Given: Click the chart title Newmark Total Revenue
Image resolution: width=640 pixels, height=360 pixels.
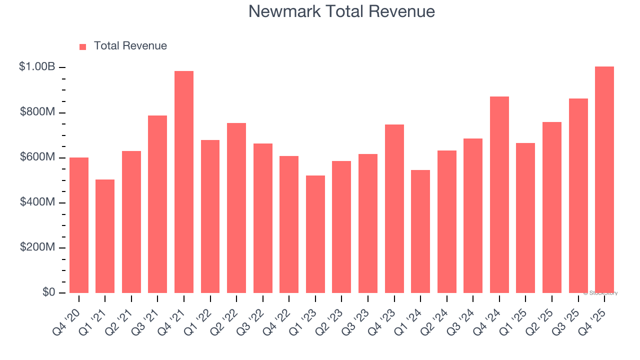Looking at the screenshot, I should (341, 11).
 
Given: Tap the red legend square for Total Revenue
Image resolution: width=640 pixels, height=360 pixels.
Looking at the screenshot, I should (83, 46).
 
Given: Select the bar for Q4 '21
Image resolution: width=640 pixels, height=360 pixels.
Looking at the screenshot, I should (184, 182).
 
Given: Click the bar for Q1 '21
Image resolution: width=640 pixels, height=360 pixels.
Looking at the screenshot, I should (105, 236).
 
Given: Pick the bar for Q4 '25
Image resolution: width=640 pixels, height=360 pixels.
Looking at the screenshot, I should (604, 180).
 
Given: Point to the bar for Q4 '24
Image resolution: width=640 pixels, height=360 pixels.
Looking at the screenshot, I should (499, 195).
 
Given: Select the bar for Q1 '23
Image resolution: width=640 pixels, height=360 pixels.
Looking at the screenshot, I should (315, 234).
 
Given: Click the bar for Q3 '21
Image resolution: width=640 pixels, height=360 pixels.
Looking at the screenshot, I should (157, 204).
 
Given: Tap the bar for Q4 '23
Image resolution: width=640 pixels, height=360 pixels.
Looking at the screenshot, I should (394, 208).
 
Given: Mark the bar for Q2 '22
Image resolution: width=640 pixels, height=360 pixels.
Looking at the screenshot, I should (236, 208).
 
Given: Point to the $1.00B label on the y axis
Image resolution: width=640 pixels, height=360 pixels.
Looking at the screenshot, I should (37, 66).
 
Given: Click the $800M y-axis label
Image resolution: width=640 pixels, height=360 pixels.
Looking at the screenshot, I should (37, 112).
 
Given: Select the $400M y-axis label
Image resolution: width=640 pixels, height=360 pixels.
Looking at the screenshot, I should (37, 202).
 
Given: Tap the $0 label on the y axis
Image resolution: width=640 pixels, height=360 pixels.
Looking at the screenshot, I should (48, 292).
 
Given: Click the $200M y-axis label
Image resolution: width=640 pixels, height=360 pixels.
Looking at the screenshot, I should (37, 247).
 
